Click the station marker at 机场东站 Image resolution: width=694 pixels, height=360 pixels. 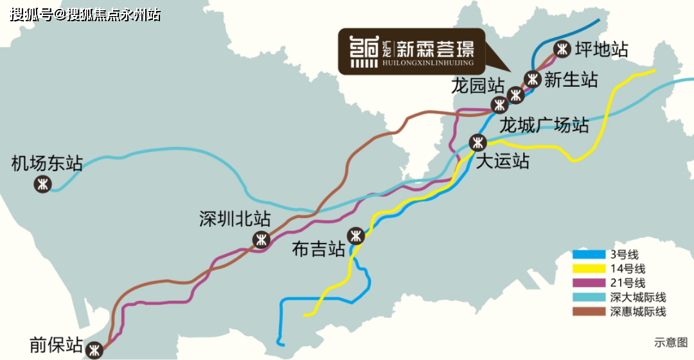point(43,184)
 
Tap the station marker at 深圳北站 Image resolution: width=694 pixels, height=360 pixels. point(261,240)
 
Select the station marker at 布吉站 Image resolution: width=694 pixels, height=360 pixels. point(355,236)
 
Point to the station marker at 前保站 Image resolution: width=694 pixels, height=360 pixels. point(95,350)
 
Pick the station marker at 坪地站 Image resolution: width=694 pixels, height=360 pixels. point(562,48)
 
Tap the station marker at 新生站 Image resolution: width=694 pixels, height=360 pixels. point(532,79)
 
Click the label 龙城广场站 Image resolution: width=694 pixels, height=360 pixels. point(544,124)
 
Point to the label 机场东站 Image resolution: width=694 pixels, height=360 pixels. point(48,163)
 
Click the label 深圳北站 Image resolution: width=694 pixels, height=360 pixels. point(235,219)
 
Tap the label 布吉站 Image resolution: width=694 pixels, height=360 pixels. point(319,250)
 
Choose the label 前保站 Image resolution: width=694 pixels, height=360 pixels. point(57,346)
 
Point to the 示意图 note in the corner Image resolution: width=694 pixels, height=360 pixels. point(671,342)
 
